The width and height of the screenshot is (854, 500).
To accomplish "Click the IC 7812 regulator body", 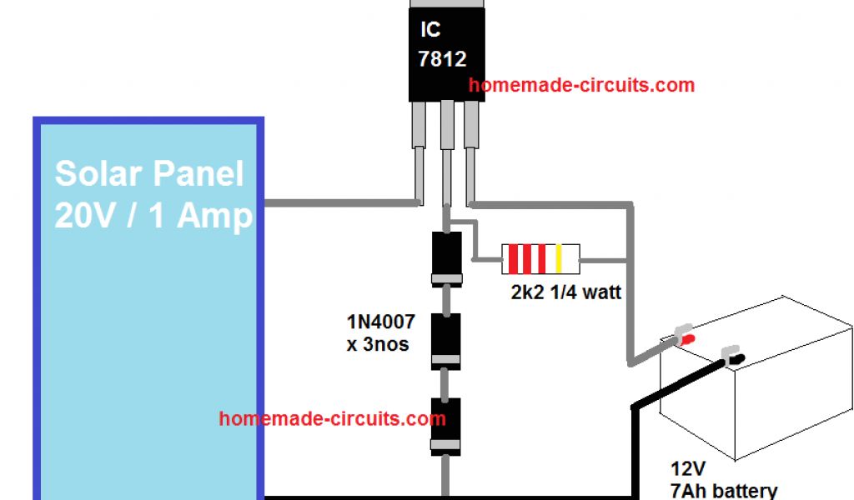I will [x=446, y=50].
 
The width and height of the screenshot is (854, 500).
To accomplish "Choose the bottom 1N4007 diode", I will [x=446, y=426].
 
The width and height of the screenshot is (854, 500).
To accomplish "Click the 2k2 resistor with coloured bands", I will [x=539, y=260].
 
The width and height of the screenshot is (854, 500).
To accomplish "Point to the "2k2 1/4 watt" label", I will [x=566, y=293].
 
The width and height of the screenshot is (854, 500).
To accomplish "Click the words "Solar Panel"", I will [x=149, y=174].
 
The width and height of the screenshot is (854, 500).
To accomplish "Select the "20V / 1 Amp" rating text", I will [x=153, y=217].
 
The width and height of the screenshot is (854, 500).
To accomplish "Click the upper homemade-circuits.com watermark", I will [x=581, y=85].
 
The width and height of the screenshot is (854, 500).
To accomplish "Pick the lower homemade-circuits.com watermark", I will [x=332, y=418].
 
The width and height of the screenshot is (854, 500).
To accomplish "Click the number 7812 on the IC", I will [x=443, y=60].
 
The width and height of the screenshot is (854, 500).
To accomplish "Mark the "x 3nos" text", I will [x=378, y=343].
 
